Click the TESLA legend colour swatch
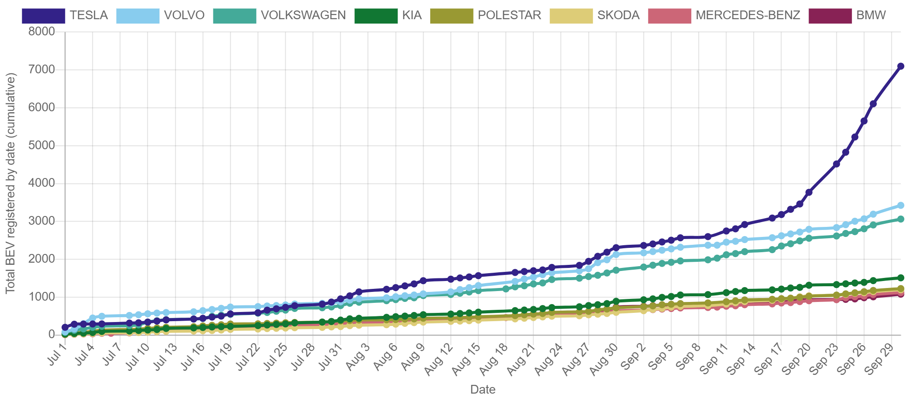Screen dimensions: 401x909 pos(44,16)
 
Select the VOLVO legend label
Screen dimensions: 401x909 pos(184,15)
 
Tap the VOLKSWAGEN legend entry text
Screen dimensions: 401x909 pos(303,15)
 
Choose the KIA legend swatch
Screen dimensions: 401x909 pos(376,16)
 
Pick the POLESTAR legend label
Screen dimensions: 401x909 pos(509,15)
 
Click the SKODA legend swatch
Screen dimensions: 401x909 pos(571,16)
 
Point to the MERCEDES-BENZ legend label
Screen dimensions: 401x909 pos(748,15)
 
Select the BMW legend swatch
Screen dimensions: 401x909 pos(830,16)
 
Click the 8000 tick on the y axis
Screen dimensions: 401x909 pos(42,31)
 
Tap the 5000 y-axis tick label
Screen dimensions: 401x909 pos(42,145)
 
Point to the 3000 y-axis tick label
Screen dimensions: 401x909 pos(42,221)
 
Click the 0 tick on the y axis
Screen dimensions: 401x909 pos(51,334)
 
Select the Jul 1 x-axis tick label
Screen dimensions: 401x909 pos(57,354)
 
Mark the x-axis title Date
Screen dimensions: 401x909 pos(483,390)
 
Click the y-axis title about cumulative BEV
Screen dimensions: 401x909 pos(10,183)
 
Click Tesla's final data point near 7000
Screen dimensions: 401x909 pos(900,66)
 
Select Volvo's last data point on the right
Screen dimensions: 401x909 pos(900,205)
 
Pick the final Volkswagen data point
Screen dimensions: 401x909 pos(900,219)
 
